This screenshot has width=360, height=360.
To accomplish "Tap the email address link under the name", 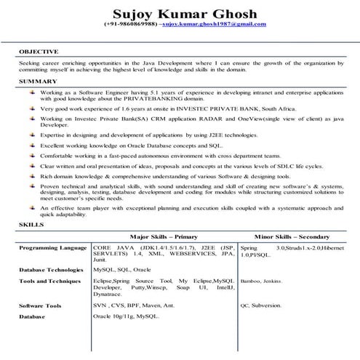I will coord(214,24).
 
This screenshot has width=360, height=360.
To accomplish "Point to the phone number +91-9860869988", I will coord(129,24).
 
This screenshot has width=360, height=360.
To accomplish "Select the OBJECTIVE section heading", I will coord(38,52).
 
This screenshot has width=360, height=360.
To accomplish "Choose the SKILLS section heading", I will coord(31,226).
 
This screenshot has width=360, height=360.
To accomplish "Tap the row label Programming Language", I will coord(52,248).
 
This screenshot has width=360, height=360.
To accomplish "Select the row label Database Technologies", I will coord(52,270).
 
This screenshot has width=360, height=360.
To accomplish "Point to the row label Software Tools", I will coord(40,306).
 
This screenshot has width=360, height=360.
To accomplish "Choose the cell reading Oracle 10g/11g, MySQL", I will coord(126,317).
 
